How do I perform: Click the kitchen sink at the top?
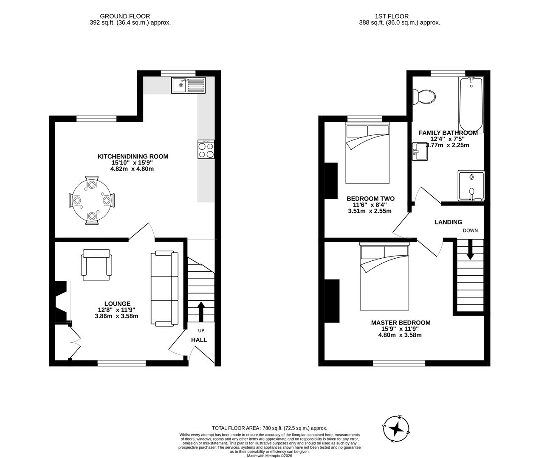pyautogui.click(x=188, y=85)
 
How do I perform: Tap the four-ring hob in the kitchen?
pyautogui.click(x=206, y=149)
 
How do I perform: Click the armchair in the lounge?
pyautogui.click(x=97, y=265)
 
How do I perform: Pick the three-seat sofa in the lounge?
pyautogui.click(x=164, y=288)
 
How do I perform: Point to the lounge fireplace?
pyautogui.click(x=62, y=302)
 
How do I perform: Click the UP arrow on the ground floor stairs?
pyautogui.click(x=200, y=312)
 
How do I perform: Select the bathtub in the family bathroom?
pyautogui.click(x=471, y=105)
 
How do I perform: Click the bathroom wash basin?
pyautogui.click(x=420, y=152)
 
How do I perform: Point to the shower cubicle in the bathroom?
pyautogui.click(x=471, y=185)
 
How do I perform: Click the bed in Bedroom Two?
pyautogui.click(x=367, y=154)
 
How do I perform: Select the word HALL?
pyautogui.click(x=199, y=340)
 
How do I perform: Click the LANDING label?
pyautogui.click(x=448, y=222)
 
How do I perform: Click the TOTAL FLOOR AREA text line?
pyautogui.click(x=269, y=428)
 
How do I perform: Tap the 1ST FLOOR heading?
pyautogui.click(x=386, y=17)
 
